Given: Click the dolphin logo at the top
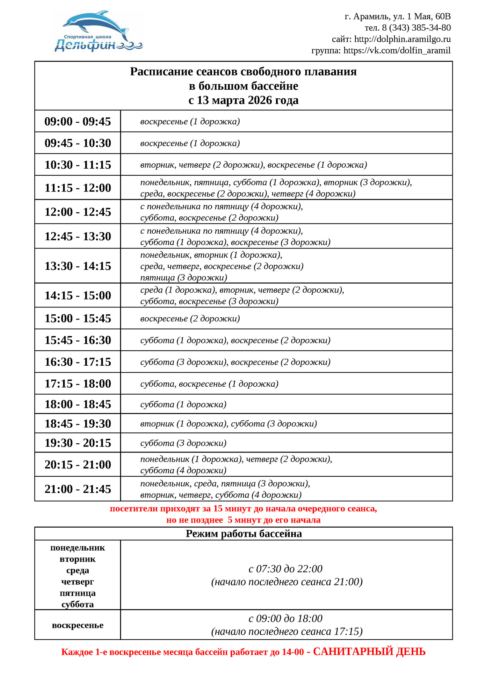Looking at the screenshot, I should (98, 31).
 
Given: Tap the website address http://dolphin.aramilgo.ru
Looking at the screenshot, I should (402, 39).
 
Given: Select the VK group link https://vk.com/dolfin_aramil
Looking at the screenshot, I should (397, 50).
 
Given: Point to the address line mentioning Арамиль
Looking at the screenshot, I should (397, 16).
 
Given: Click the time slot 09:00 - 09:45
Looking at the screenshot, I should (77, 121).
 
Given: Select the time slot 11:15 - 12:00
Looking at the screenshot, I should (77, 188).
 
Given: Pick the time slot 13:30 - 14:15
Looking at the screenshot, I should (77, 266).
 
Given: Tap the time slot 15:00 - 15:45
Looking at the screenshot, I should (77, 318).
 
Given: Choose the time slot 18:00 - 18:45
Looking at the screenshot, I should (77, 404).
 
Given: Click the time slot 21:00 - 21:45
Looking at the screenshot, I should (77, 489).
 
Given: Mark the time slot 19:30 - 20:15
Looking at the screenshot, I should (77, 443).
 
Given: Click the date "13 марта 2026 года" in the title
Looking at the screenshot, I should (248, 100).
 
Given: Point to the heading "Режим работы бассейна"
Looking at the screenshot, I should (243, 534).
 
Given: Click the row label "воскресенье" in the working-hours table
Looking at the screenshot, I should (77, 625).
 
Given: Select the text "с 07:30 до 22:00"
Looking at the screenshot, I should (285, 569).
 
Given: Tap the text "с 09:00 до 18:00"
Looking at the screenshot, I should (285, 618).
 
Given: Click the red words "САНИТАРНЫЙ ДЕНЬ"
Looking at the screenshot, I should (369, 652).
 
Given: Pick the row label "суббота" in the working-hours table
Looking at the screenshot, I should (77, 604).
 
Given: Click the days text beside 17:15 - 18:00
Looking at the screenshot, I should (209, 384).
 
